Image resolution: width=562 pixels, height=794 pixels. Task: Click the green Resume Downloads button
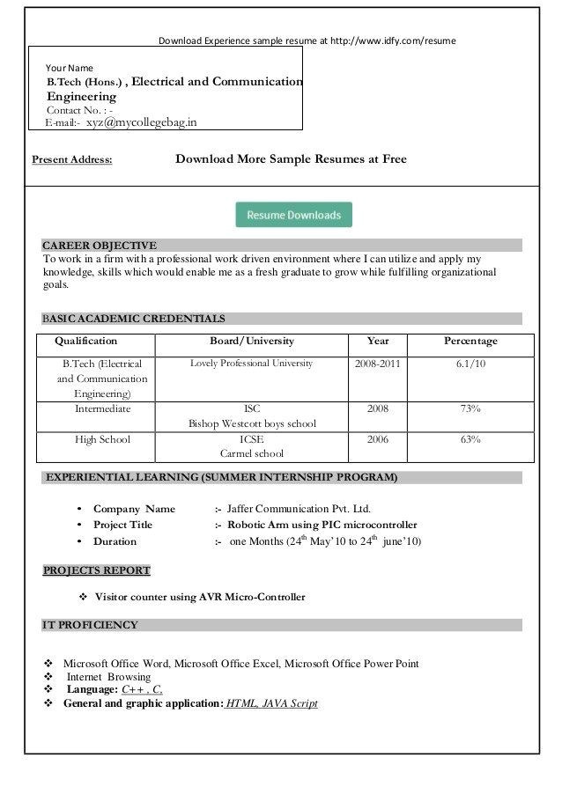293,215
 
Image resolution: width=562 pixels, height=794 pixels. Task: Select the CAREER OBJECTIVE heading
100,246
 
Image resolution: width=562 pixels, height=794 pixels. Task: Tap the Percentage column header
470,342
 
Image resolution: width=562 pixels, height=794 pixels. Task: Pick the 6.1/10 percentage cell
470,364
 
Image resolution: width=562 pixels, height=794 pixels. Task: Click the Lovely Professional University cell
251,364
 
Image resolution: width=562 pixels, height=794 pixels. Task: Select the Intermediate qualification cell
102,409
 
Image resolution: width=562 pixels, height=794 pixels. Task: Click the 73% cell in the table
470,409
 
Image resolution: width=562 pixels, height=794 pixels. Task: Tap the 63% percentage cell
470,439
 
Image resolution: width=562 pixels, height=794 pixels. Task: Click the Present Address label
72,160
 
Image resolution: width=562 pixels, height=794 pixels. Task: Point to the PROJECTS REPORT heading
97,570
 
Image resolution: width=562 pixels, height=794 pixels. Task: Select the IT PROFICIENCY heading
91,625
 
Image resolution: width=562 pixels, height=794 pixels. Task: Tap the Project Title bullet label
122,525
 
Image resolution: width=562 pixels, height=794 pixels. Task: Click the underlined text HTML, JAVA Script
271,703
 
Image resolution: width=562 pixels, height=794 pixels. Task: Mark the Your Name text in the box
69,68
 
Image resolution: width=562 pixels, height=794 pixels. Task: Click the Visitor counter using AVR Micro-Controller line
199,597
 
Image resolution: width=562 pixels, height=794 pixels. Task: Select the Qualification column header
85,342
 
